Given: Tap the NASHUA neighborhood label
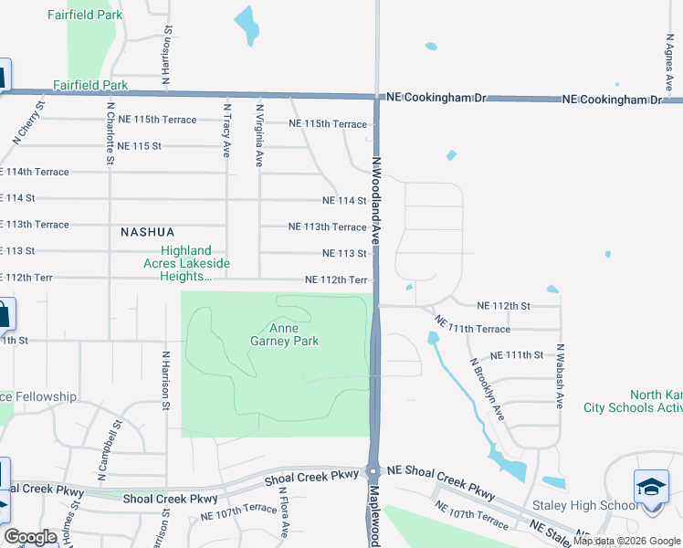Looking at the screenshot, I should [x=147, y=233].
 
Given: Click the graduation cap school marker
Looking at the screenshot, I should [x=651, y=487].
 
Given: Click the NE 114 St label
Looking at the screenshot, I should [x=344, y=201].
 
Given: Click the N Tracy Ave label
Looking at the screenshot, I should [x=226, y=130].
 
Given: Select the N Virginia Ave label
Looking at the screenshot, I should [x=259, y=134].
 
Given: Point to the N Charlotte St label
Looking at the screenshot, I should [x=110, y=132].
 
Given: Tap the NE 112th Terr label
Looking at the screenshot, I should [x=336, y=280].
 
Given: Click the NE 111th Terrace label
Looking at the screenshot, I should [x=472, y=325].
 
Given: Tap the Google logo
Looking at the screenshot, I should [x=30, y=537].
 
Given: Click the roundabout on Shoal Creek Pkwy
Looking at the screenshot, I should [x=373, y=472].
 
